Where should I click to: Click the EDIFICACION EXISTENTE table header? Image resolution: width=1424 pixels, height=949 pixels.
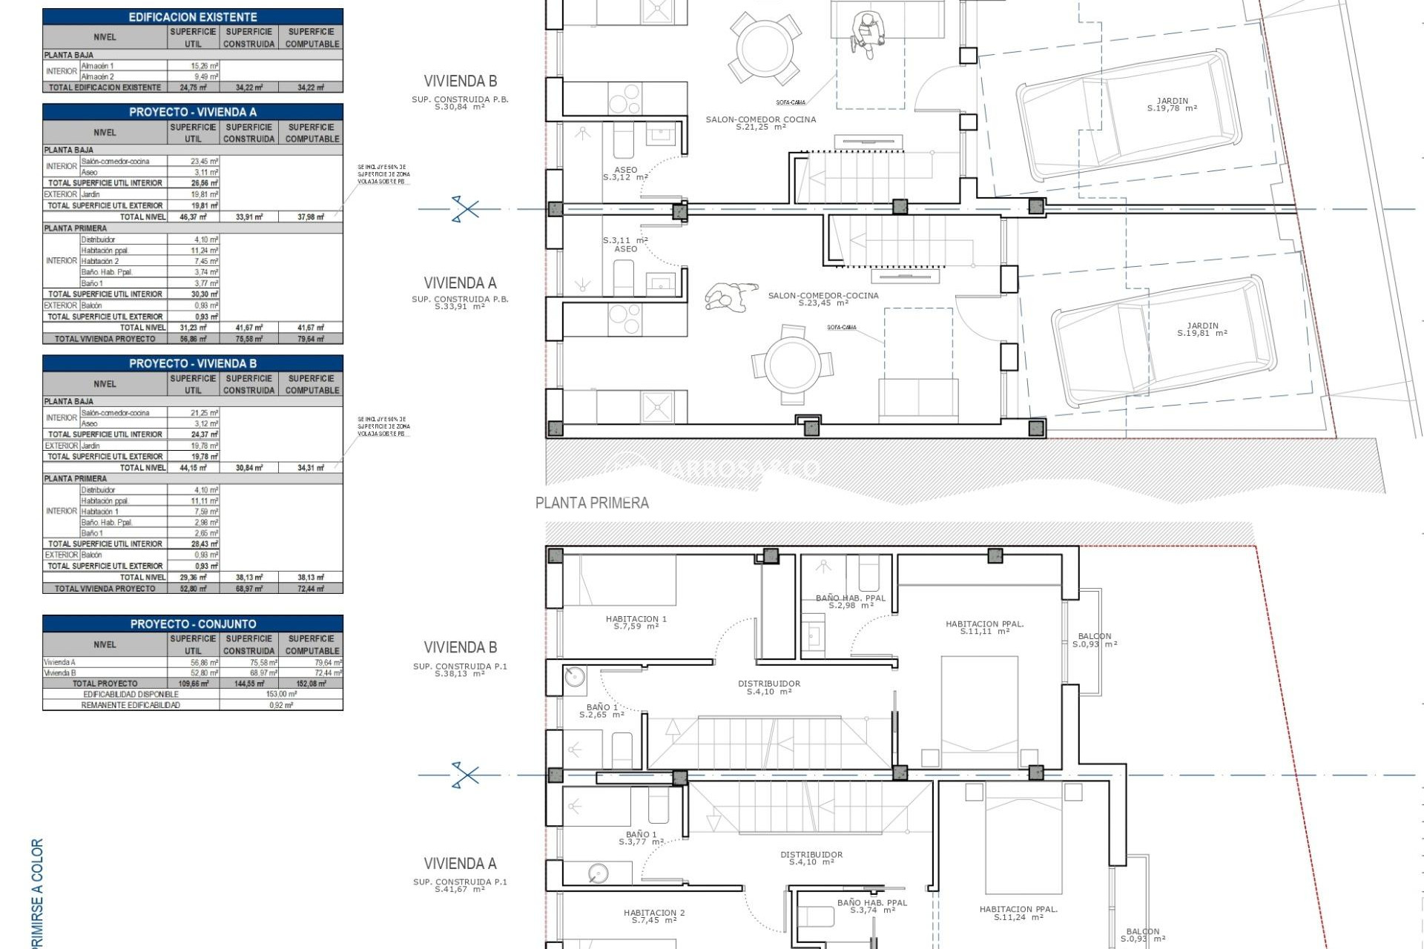(x=193, y=16)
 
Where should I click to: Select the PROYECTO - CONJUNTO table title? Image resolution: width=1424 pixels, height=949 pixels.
(x=193, y=624)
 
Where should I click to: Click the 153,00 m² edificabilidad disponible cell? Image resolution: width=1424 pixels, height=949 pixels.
(x=281, y=694)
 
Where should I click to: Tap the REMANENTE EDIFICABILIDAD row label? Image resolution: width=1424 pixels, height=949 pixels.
(x=131, y=705)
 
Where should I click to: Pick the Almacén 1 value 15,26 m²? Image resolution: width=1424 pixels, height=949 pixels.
(x=204, y=66)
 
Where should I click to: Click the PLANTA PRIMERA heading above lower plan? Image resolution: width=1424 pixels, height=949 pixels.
(x=592, y=503)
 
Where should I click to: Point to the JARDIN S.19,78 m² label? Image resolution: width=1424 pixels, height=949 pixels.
(x=1172, y=105)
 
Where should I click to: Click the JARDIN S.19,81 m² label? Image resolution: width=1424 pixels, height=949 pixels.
(x=1201, y=329)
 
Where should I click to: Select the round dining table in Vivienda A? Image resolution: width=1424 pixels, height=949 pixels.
(x=793, y=365)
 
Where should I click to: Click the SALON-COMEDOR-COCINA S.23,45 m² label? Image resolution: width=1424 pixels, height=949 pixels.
(x=823, y=299)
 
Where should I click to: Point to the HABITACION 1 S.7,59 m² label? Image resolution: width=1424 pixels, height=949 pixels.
(x=636, y=622)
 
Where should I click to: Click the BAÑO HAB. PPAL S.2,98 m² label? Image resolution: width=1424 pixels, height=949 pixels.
(x=850, y=601)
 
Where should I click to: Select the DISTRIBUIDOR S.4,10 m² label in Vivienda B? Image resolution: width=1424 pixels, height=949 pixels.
(x=768, y=687)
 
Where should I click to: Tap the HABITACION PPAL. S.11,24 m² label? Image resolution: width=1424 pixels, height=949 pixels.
(x=1018, y=913)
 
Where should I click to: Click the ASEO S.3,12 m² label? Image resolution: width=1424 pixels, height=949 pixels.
(x=624, y=173)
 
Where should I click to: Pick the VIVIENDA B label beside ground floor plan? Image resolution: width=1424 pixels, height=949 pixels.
(x=460, y=81)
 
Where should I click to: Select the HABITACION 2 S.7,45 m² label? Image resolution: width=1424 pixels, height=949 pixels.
(x=653, y=916)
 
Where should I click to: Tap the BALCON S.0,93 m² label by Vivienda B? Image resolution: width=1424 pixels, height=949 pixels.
(x=1094, y=640)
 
